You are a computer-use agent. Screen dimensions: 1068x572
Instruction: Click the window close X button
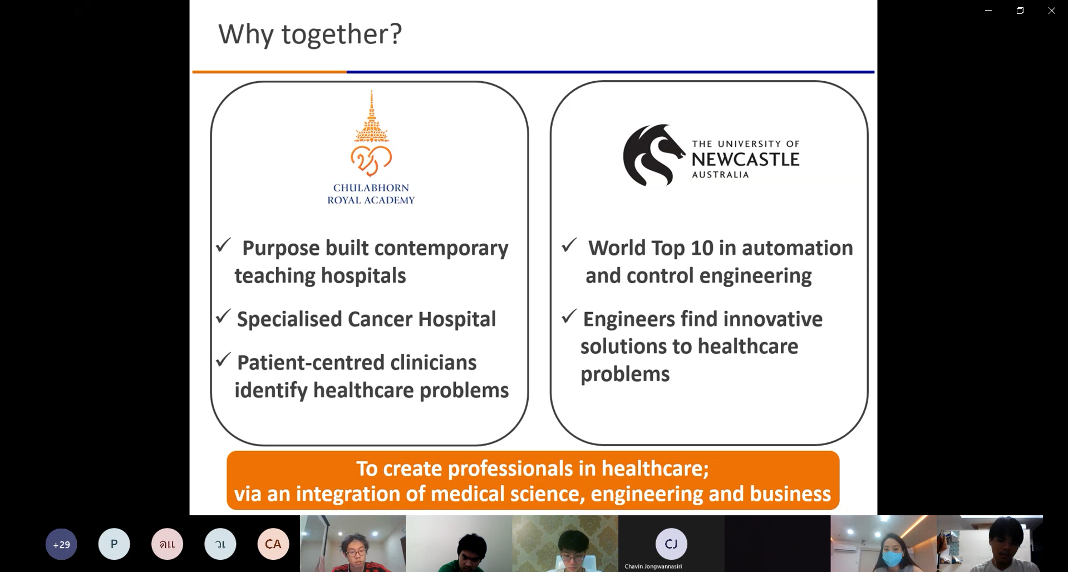tap(1051, 11)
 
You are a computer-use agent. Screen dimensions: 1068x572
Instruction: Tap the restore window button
tap(1020, 11)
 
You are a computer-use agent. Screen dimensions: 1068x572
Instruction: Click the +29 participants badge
tap(61, 544)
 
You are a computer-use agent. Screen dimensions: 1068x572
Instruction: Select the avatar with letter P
tap(114, 544)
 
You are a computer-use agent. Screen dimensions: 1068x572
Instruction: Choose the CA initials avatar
tap(273, 544)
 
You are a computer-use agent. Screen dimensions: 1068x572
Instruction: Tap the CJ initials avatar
tap(671, 544)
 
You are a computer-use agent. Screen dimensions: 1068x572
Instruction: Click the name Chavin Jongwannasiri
tap(653, 566)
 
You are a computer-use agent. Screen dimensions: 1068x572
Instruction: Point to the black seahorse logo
tap(653, 155)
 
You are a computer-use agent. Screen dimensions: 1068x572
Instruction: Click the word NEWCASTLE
tap(745, 160)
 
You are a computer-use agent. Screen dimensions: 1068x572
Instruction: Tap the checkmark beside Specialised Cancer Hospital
tap(223, 316)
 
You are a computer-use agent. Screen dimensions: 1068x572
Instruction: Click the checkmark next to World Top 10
tap(569, 245)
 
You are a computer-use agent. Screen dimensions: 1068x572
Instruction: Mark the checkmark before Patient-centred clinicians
tap(223, 359)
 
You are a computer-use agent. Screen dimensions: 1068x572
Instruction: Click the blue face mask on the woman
tap(892, 558)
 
